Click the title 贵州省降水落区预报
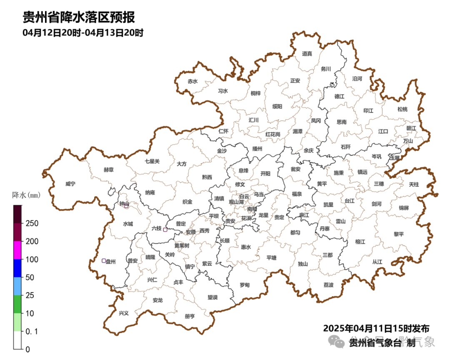pos(79,18)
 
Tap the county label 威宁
pos(70,184)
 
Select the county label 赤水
pos(192,81)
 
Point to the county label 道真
pos(307,53)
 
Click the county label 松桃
pos(402,109)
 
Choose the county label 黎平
pos(399,234)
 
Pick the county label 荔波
pos(328,285)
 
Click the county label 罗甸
pos(245,285)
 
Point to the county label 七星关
pos(152,161)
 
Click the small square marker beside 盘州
pos(104,261)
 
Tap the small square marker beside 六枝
pos(165,230)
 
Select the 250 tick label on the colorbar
pos(32,223)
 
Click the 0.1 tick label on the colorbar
pos(32,331)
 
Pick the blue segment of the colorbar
pos(17,268)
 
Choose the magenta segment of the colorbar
pos(17,250)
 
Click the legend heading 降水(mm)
pos(25,195)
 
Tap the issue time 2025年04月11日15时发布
pos(376,328)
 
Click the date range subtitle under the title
pos(83,32)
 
